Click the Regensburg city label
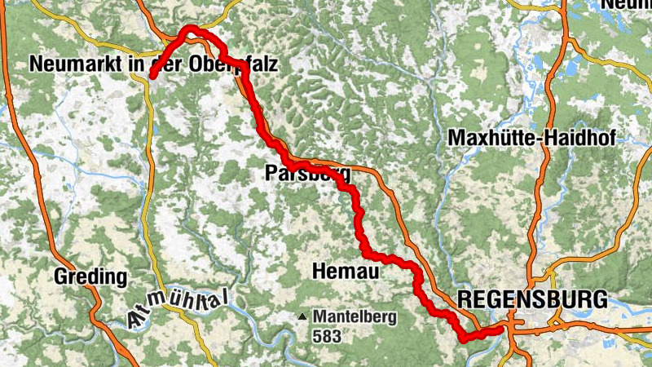click(x=532, y=298)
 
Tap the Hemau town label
click(x=346, y=271)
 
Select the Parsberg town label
click(x=307, y=173)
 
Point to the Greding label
click(x=90, y=276)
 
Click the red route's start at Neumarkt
click(x=152, y=76)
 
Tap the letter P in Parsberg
click(x=270, y=173)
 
